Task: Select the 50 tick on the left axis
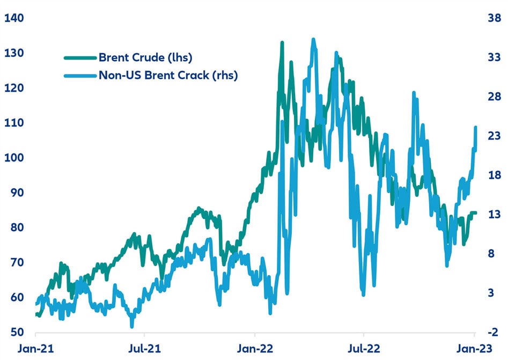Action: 12,332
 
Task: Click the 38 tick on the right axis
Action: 494,18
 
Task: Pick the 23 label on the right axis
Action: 494,136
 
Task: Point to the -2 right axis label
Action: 494,332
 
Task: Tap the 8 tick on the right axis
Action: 491,254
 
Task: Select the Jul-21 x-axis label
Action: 145,349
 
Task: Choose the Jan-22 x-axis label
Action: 255,349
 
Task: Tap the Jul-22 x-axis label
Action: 364,349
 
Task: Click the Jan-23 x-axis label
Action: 473,349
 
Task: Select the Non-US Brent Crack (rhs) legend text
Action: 168,75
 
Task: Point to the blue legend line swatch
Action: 80,75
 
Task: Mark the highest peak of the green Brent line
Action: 282,42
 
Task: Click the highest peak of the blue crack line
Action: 314,39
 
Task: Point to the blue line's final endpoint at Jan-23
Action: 476,127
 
